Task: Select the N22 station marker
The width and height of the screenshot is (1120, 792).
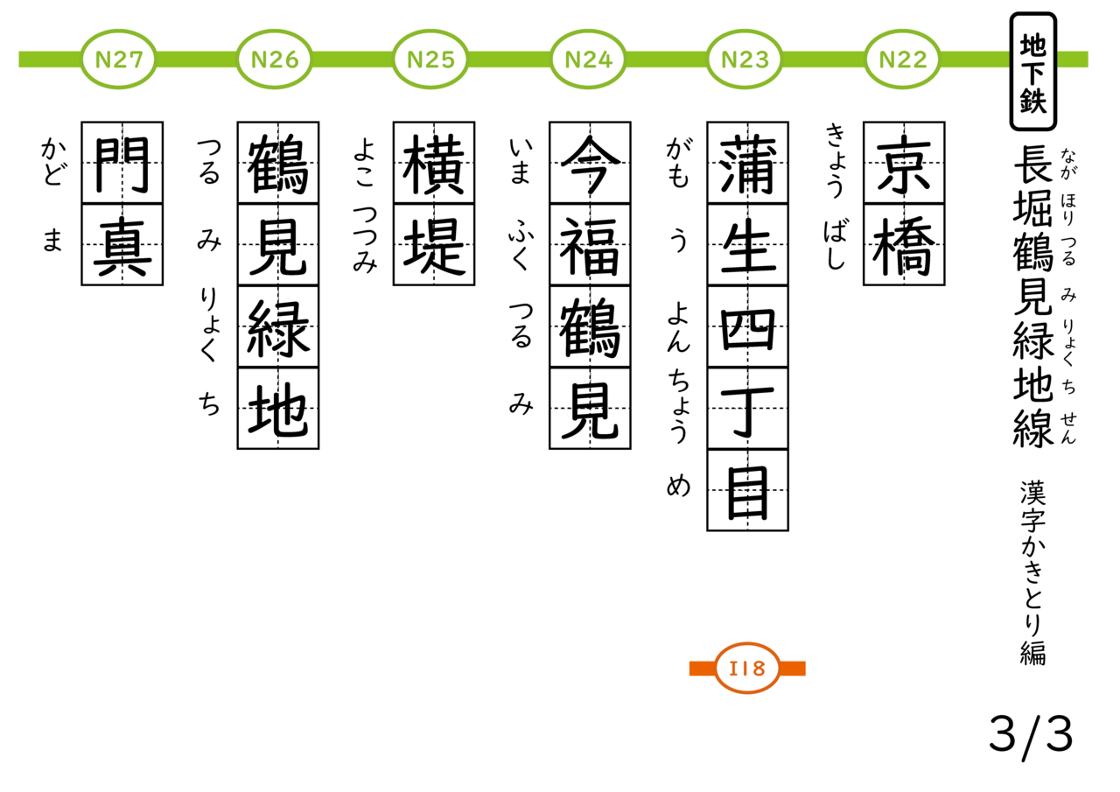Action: click(903, 60)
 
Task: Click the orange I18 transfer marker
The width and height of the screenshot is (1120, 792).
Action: click(747, 669)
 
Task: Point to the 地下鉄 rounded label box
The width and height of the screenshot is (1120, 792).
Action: click(1032, 72)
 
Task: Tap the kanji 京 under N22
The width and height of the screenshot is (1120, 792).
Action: click(904, 163)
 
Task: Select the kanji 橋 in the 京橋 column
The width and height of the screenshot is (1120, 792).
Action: click(904, 245)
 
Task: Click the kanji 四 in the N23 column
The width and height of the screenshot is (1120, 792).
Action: click(747, 327)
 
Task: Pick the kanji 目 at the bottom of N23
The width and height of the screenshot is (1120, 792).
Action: click(747, 490)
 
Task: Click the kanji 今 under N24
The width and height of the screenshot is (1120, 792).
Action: click(591, 163)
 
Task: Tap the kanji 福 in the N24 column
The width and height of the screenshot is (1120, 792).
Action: click(591, 245)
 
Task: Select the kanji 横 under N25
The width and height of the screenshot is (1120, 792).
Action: click(434, 163)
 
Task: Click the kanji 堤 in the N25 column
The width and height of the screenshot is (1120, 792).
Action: click(434, 245)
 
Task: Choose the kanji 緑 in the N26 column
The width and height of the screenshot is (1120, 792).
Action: click(278, 327)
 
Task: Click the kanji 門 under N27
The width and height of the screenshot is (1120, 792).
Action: click(122, 163)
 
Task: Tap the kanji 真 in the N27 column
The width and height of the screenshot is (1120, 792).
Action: click(122, 245)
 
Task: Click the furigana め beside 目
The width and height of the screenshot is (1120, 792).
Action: click(678, 487)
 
